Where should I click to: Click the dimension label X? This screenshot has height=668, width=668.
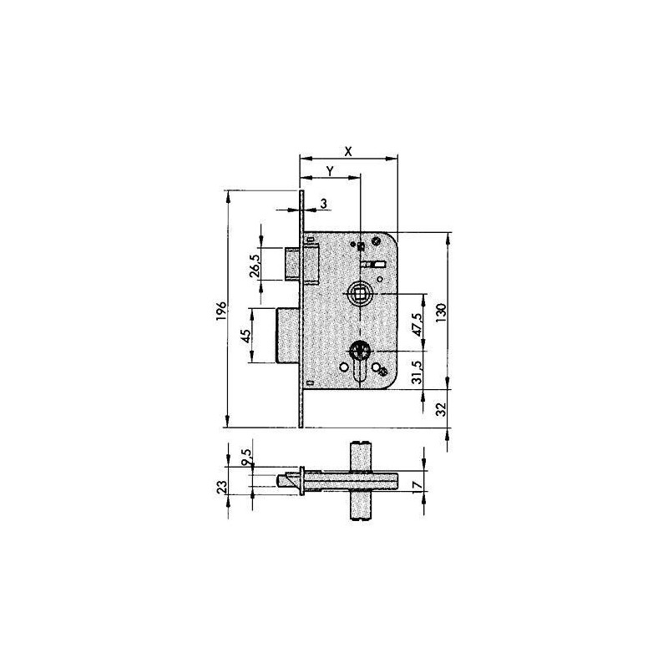[x=348, y=151]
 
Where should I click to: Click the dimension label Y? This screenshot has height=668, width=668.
[x=330, y=171]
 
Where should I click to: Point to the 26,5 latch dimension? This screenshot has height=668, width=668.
[x=256, y=266]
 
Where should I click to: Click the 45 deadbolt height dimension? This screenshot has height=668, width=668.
[x=245, y=336]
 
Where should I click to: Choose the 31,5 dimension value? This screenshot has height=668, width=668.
[x=418, y=372]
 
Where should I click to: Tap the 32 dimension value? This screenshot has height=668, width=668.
[x=442, y=409]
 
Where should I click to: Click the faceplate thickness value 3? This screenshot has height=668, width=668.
[x=324, y=204]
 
